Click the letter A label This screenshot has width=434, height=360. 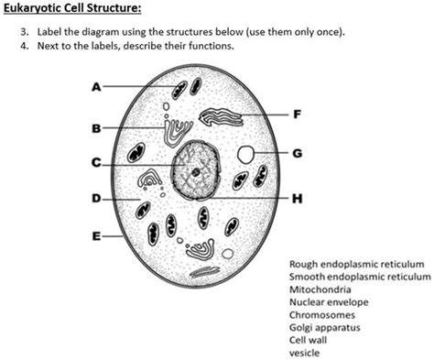point(96,87)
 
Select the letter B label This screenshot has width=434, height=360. point(96,126)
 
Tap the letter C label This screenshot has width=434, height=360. point(96,164)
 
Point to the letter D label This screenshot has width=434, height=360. point(96,197)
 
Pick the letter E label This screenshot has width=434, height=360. point(96,235)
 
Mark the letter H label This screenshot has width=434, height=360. point(295,197)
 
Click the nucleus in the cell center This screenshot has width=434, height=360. point(195,170)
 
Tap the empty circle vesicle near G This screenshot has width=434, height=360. point(246,154)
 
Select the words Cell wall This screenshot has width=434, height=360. point(308,339)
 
